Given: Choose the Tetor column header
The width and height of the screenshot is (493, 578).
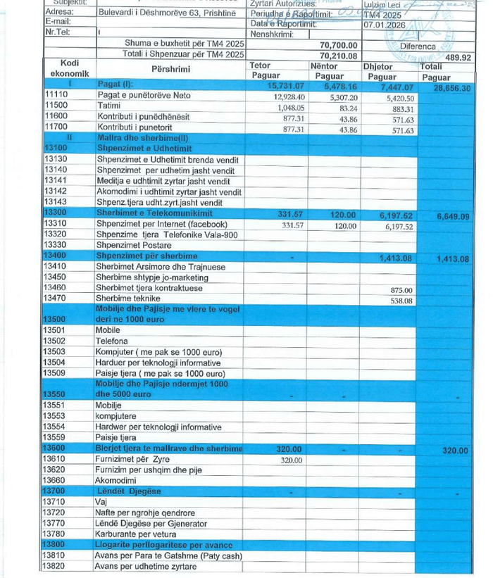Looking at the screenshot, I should point(261,65).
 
